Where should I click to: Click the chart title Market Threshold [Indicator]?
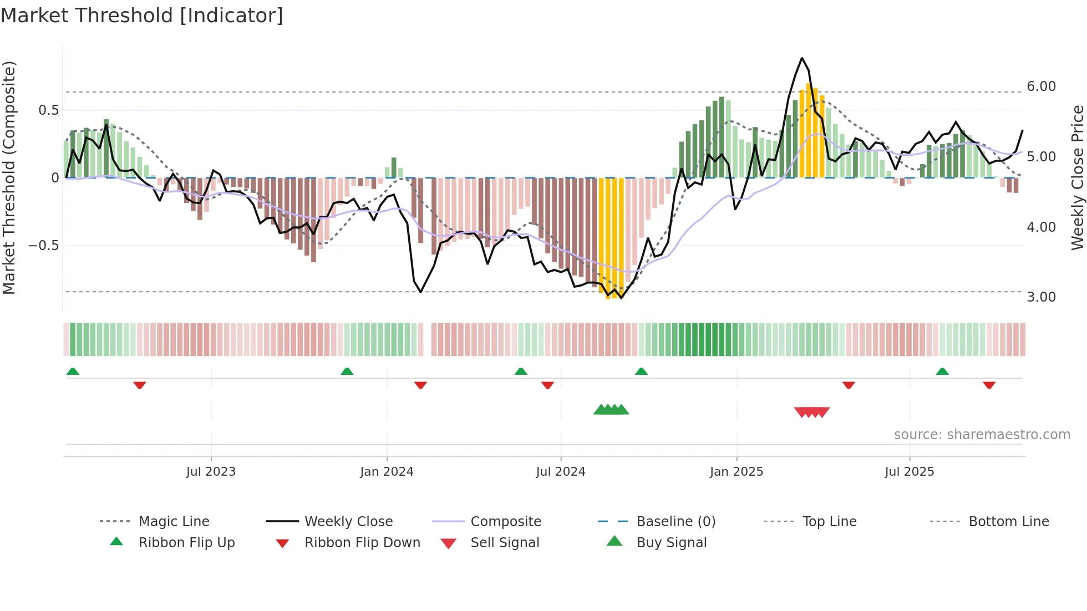pyautogui.click(x=142, y=16)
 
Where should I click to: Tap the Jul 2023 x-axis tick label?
pyautogui.click(x=211, y=472)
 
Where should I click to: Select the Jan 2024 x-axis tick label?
pyautogui.click(x=387, y=472)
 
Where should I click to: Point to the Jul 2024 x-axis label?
pyautogui.click(x=561, y=472)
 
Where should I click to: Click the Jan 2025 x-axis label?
pyautogui.click(x=736, y=472)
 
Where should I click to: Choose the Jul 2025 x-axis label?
pyautogui.click(x=910, y=472)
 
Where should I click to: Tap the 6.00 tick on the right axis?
pyautogui.click(x=1041, y=86)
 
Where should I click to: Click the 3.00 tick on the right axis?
pyautogui.click(x=1041, y=297)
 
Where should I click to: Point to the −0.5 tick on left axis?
pyautogui.click(x=43, y=245)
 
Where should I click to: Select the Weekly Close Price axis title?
pyautogui.click(x=1077, y=177)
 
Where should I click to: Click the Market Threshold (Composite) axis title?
pyautogui.click(x=9, y=177)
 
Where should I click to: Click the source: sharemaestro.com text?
pyautogui.click(x=982, y=435)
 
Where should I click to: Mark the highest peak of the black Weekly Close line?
pyautogui.click(x=802, y=58)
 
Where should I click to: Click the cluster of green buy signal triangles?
pyautogui.click(x=611, y=410)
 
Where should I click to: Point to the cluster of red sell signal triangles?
pyautogui.click(x=812, y=412)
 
